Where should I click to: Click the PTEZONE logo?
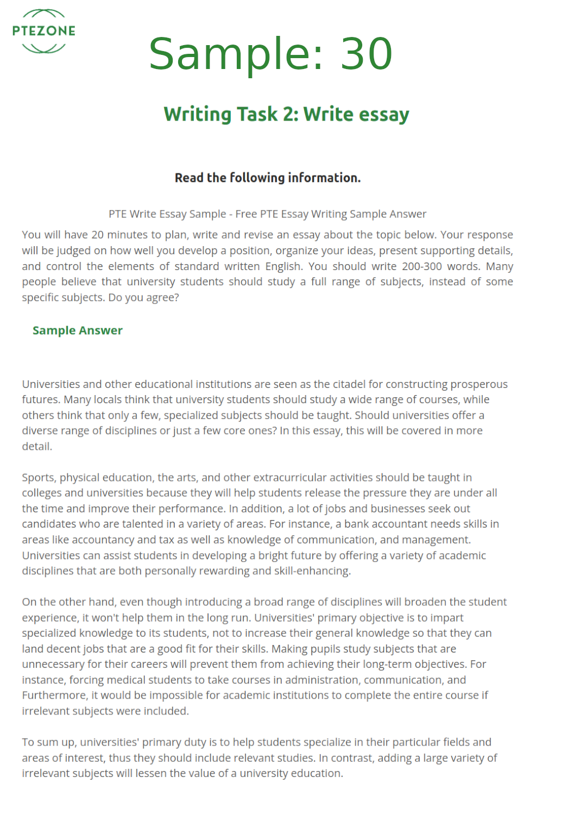pyautogui.click(x=43, y=31)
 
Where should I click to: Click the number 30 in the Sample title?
pyautogui.click(x=366, y=54)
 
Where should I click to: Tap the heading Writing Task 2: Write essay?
pyautogui.click(x=286, y=114)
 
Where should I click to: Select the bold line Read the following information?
pyautogui.click(x=267, y=178)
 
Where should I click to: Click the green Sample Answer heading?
pyautogui.click(x=77, y=330)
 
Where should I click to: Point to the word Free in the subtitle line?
pyautogui.click(x=246, y=214)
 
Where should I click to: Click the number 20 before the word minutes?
pyautogui.click(x=97, y=235)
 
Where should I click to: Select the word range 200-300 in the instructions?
pyautogui.click(x=421, y=266)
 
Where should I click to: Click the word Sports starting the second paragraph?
pyautogui.click(x=39, y=478)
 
